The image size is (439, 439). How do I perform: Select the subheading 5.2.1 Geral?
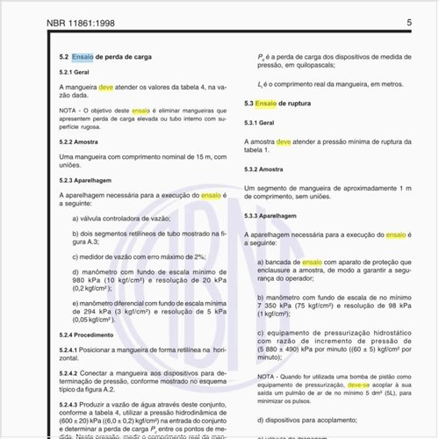pos(75,72)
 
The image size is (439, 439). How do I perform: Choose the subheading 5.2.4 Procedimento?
pos(86,335)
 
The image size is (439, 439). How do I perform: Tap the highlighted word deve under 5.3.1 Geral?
pos(284,140)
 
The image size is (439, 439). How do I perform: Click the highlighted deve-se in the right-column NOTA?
pos(357,384)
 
